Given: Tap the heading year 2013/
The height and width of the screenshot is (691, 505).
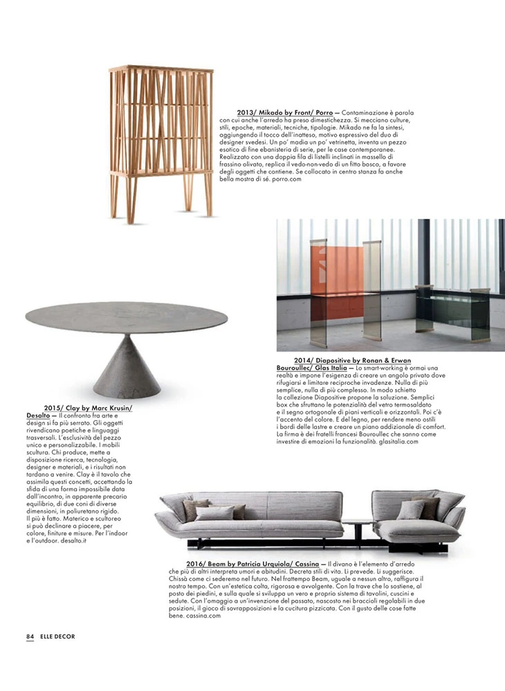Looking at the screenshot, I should coord(248,111).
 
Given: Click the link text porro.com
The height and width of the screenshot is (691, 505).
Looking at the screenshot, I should coord(286,179).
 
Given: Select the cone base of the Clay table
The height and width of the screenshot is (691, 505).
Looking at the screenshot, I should coord(129,363).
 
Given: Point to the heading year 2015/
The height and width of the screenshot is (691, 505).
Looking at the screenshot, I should coord(56,408).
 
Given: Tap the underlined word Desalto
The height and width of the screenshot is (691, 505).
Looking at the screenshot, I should coord(38,415).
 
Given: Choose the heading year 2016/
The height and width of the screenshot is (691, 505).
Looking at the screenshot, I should coord(197,564).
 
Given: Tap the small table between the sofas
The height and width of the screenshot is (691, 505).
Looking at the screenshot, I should coord(359,523).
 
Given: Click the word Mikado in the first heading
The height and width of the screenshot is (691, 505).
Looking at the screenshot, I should coord(275,111).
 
